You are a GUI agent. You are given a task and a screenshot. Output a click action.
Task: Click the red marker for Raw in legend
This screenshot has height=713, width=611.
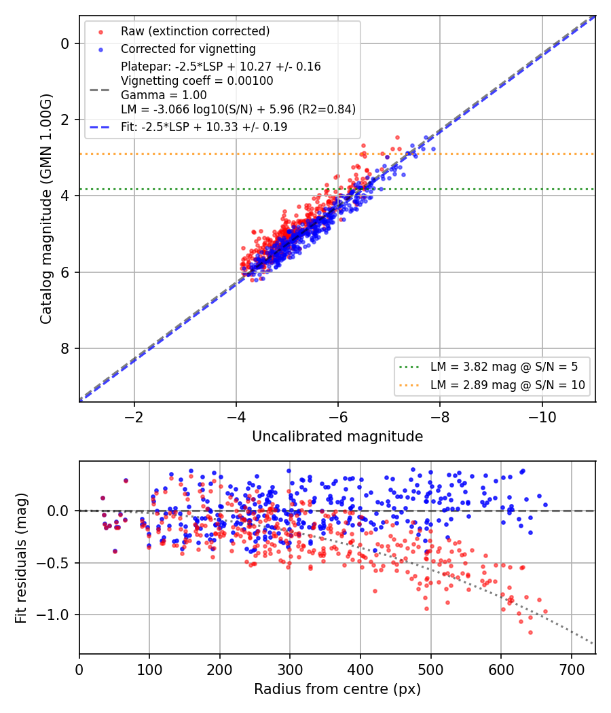(x=100, y=32)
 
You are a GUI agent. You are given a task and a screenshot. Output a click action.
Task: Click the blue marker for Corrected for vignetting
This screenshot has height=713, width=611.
(x=100, y=49)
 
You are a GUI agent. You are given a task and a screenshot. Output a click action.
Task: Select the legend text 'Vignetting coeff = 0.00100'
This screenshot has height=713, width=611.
(x=197, y=81)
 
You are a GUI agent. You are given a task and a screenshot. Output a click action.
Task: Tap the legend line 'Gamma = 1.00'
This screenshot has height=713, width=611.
(x=164, y=95)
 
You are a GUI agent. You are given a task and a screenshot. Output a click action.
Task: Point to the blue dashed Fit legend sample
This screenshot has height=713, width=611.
(x=100, y=127)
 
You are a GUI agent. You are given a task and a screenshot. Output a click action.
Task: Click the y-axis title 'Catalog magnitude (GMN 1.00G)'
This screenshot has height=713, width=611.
(x=46, y=208)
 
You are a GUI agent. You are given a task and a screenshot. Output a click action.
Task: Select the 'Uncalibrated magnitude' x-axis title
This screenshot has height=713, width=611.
(x=337, y=436)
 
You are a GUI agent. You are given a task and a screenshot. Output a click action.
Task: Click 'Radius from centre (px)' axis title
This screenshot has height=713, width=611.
(x=337, y=689)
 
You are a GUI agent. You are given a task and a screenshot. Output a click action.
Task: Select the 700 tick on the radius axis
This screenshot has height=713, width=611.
(x=571, y=670)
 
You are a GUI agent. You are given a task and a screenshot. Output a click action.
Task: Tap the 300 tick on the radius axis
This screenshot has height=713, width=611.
(x=290, y=670)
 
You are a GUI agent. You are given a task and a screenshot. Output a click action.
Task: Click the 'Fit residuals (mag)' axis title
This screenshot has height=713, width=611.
(x=21, y=558)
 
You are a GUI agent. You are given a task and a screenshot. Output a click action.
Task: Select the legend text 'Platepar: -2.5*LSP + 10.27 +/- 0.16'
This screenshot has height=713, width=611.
(x=221, y=67)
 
